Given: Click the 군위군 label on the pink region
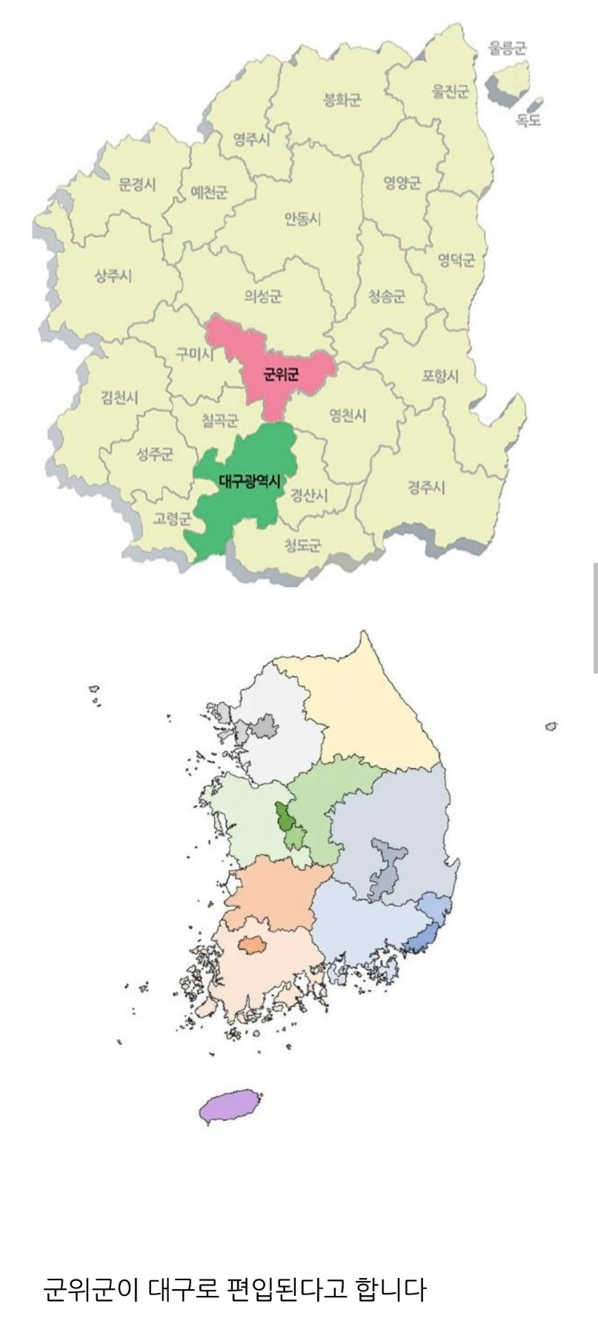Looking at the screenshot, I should [x=282, y=375].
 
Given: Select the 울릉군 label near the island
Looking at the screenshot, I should [x=507, y=49].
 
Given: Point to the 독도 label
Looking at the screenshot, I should [x=528, y=119].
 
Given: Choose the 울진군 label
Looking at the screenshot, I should [x=451, y=92].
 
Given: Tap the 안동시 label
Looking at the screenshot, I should [x=302, y=219].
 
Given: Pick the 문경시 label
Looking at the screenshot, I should [x=138, y=185].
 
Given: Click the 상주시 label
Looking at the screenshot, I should [x=113, y=276].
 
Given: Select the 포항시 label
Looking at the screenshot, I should [x=440, y=376].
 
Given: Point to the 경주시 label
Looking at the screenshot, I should [x=426, y=487].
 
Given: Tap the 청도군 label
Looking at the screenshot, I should [x=304, y=546].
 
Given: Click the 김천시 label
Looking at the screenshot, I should [x=120, y=398].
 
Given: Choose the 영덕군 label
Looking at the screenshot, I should [x=456, y=260].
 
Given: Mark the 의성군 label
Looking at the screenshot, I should [x=263, y=297].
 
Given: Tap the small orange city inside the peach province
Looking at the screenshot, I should [x=253, y=944].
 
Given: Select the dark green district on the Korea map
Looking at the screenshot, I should [x=283, y=819].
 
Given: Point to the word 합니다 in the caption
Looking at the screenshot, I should [x=391, y=1290].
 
